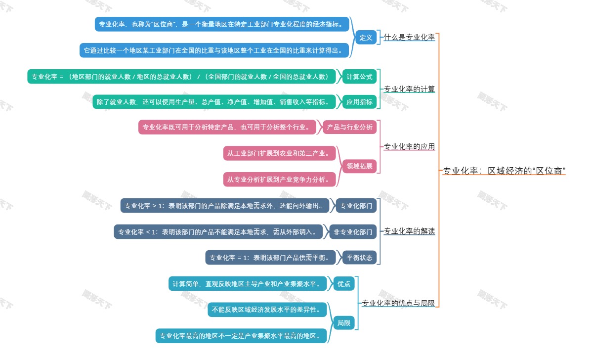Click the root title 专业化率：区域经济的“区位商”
(504, 171)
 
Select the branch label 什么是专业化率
(409, 38)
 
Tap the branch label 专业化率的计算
(409, 90)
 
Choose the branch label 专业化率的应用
(409, 147)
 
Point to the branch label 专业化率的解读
(409, 231)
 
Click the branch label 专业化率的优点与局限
(398, 304)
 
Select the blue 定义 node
(366, 38)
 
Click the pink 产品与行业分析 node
(349, 128)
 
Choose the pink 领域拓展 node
(359, 166)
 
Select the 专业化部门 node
(356, 206)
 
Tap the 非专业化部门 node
(353, 231)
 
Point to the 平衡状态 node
(359, 258)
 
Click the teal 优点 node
(343, 284)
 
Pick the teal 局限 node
(343, 323)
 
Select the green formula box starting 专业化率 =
(181, 77)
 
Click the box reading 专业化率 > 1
(224, 206)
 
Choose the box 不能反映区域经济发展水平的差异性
(267, 310)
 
